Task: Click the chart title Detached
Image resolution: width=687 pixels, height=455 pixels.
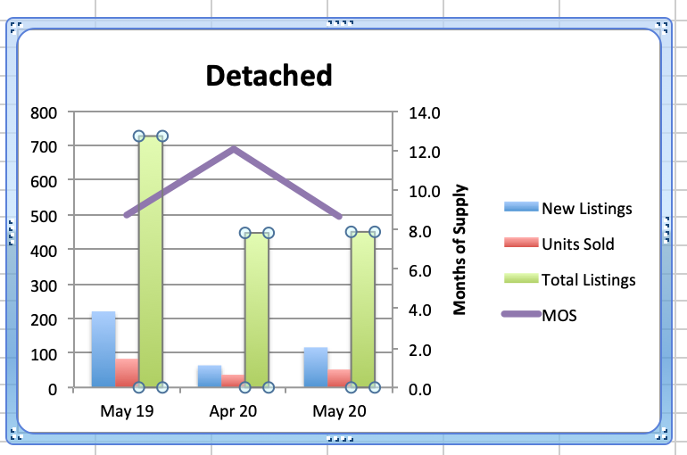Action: [269, 75]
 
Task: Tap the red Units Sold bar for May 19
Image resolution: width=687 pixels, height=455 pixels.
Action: [127, 373]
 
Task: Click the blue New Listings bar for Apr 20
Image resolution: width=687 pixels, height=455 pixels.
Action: [209, 376]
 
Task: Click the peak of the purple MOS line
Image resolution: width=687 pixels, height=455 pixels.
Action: [234, 149]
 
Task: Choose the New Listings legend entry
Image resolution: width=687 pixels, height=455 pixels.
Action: [586, 209]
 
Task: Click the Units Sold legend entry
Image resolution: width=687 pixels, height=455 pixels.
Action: [577, 244]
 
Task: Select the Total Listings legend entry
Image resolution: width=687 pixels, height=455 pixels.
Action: [588, 279]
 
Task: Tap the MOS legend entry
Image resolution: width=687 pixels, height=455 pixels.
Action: [559, 314]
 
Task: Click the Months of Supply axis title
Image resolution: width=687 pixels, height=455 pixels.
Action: [460, 251]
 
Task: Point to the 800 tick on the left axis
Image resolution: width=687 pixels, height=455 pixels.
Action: [45, 112]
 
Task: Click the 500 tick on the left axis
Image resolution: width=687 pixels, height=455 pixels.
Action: [45, 216]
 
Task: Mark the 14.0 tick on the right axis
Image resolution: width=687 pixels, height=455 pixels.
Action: [424, 112]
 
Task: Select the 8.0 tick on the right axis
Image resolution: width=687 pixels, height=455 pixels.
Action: [419, 231]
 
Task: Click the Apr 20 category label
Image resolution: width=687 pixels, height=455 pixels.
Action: [233, 412]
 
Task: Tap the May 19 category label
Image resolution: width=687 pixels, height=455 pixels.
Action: [126, 412]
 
